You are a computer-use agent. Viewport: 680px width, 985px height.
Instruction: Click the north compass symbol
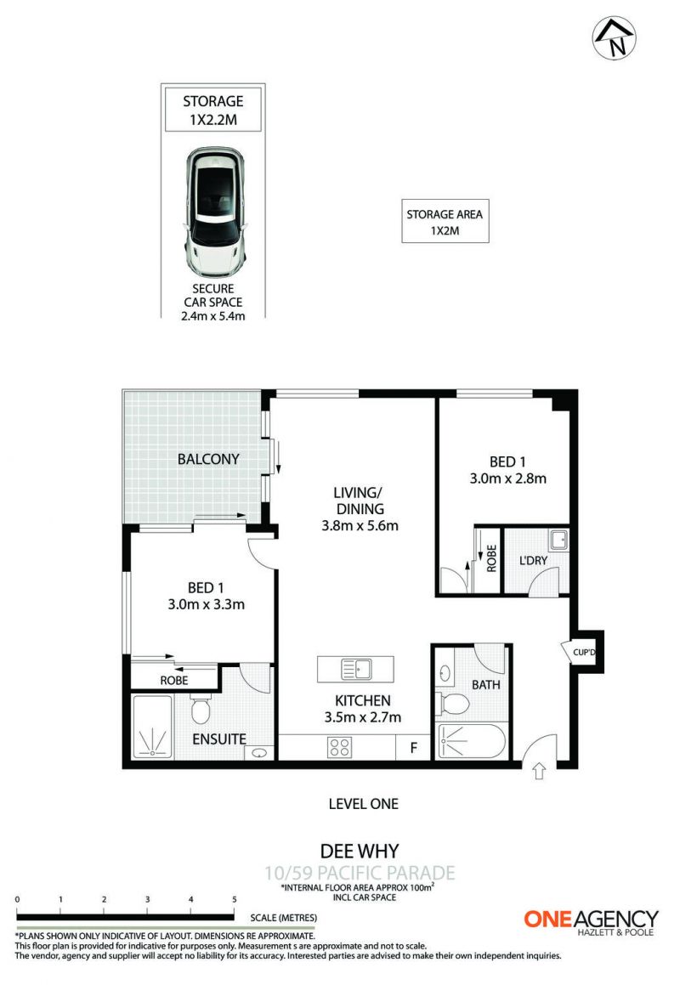(614, 38)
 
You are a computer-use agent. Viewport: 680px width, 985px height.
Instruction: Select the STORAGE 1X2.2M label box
(213, 110)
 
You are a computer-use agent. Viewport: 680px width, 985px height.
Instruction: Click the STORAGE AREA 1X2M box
(445, 221)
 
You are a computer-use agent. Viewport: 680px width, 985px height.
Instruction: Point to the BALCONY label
(208, 459)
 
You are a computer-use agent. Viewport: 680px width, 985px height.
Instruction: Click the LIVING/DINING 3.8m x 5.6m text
(360, 509)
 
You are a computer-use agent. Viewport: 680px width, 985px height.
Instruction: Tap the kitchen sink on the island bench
(356, 669)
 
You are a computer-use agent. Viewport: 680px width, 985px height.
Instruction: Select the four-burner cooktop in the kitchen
(340, 747)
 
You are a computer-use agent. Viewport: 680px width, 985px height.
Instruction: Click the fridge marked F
(413, 748)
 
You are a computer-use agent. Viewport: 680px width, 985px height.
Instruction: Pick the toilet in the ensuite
(201, 709)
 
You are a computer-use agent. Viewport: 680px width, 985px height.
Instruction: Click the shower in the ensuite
(151, 726)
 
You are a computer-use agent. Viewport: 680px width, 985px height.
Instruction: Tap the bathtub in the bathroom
(472, 742)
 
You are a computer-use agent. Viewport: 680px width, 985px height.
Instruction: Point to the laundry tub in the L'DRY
(558, 540)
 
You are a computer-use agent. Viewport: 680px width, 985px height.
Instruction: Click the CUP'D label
(583, 652)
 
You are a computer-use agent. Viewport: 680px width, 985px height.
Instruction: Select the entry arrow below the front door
(539, 771)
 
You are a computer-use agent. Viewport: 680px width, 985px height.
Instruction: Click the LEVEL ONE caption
(363, 803)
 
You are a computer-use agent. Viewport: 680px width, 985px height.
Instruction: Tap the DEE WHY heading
(360, 852)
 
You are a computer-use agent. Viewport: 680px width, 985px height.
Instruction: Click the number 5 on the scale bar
(235, 899)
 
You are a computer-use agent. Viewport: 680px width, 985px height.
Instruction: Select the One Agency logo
(592, 921)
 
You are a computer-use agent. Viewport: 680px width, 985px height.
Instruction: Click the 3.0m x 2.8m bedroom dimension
(507, 478)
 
